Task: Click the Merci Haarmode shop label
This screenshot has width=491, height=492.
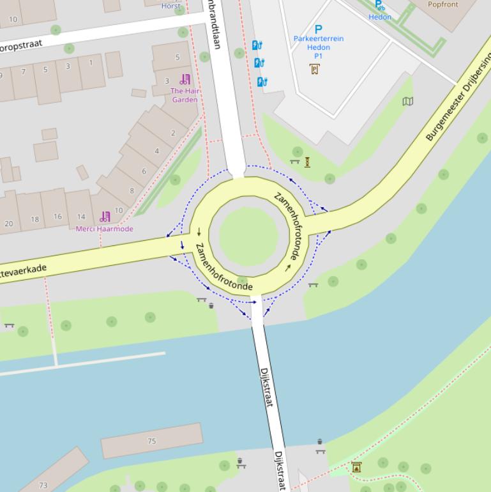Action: tap(105, 229)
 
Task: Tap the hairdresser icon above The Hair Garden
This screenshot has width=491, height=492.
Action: tap(185, 80)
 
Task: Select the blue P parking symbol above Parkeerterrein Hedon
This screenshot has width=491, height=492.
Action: tap(319, 29)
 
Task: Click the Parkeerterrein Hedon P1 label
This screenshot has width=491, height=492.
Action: tap(319, 47)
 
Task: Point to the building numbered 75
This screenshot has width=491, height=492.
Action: tap(152, 441)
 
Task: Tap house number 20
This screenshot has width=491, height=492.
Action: tap(9, 224)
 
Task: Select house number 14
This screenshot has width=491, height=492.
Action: tap(81, 217)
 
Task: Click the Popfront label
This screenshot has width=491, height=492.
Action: tap(443, 4)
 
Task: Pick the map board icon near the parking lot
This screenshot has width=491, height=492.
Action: tap(408, 101)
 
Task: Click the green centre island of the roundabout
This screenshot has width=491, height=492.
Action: tap(250, 235)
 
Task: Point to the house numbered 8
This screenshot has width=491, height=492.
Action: tap(132, 190)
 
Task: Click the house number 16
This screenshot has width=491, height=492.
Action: tap(57, 217)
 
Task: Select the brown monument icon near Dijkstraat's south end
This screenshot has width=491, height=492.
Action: tap(356, 468)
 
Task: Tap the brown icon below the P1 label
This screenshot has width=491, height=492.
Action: tap(315, 69)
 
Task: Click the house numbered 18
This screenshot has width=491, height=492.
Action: tap(34, 219)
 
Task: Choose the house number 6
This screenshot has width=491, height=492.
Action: tap(144, 171)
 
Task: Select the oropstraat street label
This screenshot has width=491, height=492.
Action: tap(21, 45)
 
